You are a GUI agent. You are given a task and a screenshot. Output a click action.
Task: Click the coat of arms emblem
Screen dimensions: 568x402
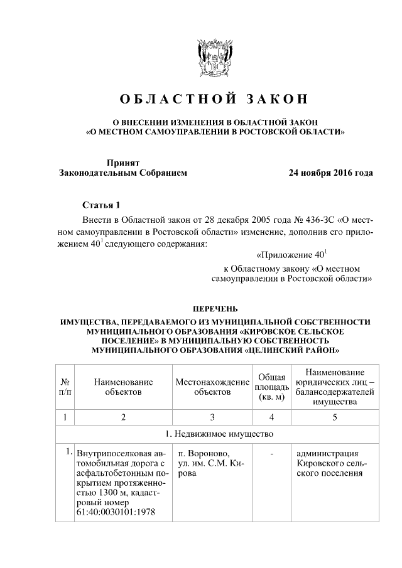coord(215,59)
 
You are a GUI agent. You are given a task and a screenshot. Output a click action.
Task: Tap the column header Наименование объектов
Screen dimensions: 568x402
coord(123,387)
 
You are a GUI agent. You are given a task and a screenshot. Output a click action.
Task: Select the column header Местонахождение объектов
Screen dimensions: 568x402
coord(212,387)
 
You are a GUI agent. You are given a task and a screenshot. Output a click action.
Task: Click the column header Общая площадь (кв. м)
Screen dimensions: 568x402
coord(272,387)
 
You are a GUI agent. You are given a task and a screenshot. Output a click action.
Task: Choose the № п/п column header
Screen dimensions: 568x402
coord(65,387)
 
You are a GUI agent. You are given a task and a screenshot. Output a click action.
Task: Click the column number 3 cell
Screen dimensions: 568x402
coord(212,417)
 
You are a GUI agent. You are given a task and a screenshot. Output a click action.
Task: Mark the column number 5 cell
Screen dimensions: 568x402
coord(334,417)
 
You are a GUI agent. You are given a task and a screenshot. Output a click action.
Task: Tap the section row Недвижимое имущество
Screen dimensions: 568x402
coord(215,434)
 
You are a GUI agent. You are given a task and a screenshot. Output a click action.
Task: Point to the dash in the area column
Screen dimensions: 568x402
coord(272,454)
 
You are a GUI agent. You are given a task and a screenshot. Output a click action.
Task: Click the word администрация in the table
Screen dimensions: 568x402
coord(327,454)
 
